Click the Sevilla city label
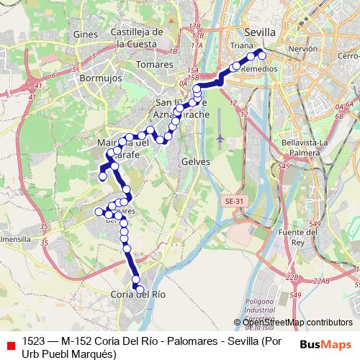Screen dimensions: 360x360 [260, 32]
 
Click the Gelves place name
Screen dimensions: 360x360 [196, 162]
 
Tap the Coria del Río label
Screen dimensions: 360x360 [138, 294]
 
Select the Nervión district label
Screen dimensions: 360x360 [302, 49]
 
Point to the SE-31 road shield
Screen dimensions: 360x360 [234, 200]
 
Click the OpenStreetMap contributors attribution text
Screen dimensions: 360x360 [297, 322]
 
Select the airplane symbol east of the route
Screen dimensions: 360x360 [220, 136]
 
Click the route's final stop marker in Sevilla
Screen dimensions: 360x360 [262, 55]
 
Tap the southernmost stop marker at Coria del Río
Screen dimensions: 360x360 [140, 289]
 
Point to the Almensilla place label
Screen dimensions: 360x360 [14, 238]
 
